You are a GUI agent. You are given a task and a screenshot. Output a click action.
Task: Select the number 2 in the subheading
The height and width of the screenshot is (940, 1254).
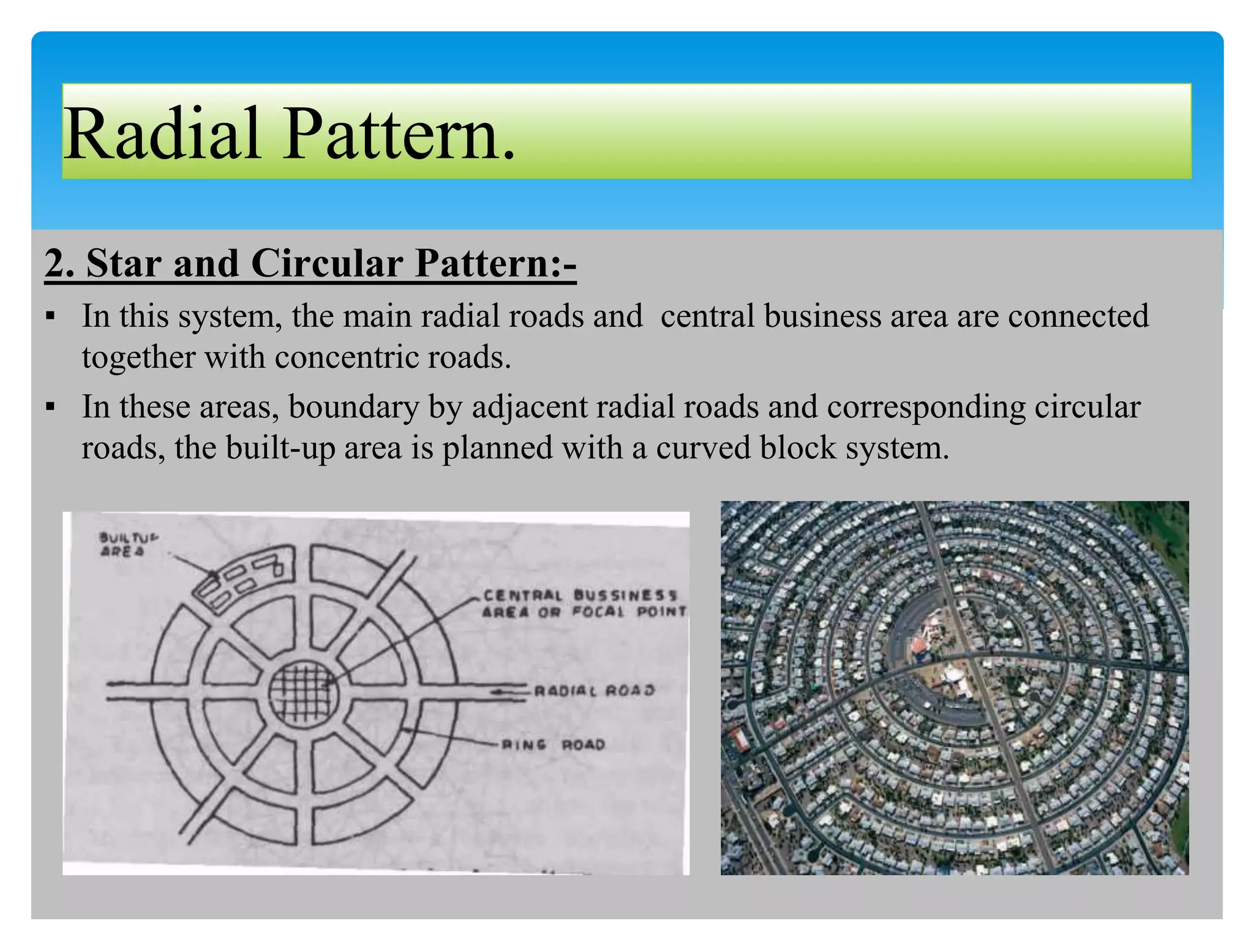pos(56,264)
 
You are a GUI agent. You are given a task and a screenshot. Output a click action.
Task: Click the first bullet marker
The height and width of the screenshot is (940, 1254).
pos(50,318)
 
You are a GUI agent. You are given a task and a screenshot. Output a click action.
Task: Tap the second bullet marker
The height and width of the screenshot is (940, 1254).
pos(50,407)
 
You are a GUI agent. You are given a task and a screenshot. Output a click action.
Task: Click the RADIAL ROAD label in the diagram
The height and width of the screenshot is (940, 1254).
pos(594,690)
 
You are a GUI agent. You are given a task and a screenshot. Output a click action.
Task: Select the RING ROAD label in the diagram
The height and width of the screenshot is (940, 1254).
pos(553,745)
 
